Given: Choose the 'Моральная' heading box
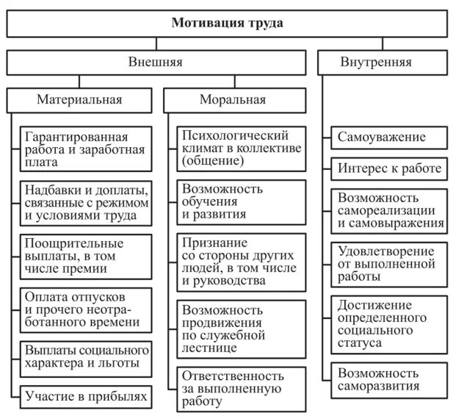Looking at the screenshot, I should point(234,99).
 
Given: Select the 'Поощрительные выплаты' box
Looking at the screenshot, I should point(86,255).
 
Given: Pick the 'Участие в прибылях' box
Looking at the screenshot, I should point(86,398).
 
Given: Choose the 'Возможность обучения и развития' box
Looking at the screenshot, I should point(241,201).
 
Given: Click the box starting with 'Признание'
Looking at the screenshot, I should point(241,261).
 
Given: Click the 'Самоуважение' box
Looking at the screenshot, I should point(387,137).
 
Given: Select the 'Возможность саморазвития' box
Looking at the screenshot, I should point(387,378).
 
